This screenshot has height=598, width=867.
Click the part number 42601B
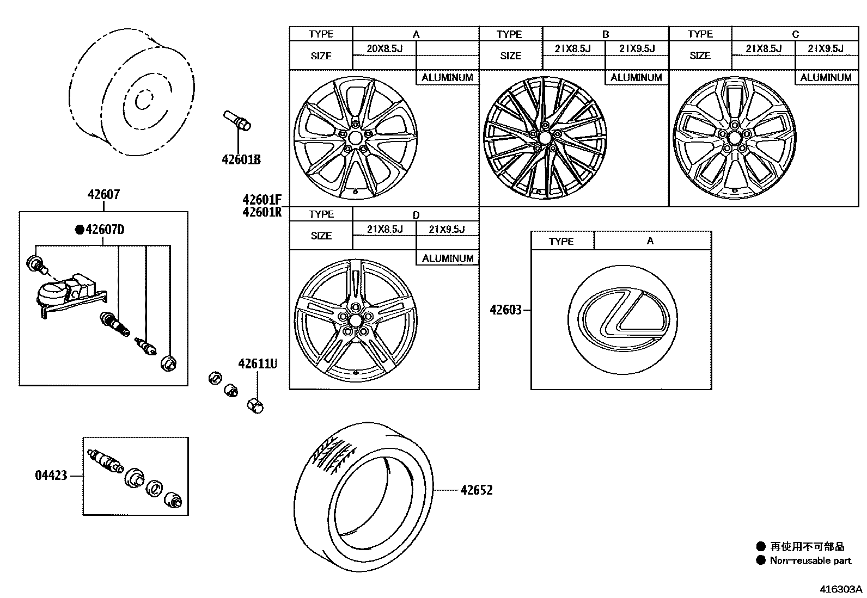pos(241,159)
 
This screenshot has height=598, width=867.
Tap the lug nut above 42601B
pos(237,120)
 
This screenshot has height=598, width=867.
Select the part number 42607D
pos(105,230)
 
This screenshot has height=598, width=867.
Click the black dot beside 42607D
pos(80,230)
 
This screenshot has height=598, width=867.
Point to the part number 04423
pos(51,476)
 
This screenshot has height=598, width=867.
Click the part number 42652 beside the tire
pos(476,490)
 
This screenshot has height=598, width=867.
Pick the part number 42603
pos(505,310)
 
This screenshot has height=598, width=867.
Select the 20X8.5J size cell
pos(384,48)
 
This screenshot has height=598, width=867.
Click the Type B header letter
pos(605,34)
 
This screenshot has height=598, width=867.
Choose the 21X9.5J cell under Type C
pos(826,48)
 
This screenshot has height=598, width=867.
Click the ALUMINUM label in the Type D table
pos(448,258)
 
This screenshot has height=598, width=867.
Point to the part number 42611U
pos(257,363)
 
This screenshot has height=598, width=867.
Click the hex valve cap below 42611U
pos(255,405)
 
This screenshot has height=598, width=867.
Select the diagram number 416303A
pos(841,589)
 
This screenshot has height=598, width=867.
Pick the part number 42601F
pos(262,200)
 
